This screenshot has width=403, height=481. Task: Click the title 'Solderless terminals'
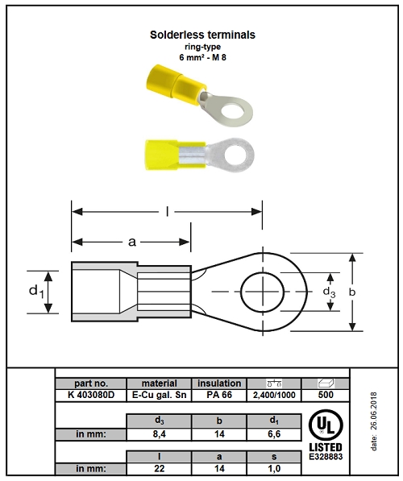pos(202,35)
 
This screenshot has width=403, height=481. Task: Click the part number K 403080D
pos(91,395)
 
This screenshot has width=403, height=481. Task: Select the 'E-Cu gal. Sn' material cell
pos(159,395)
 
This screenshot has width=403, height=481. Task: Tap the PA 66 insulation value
pos(219,395)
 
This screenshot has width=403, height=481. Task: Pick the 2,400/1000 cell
pos(274,395)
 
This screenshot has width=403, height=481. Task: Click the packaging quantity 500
pos(326,395)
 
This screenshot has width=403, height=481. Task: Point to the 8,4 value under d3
pos(159,434)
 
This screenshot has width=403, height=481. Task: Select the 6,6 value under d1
pos(274,434)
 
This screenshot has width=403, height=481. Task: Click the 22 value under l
pos(159,468)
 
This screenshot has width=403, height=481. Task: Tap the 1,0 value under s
pos(274,468)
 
